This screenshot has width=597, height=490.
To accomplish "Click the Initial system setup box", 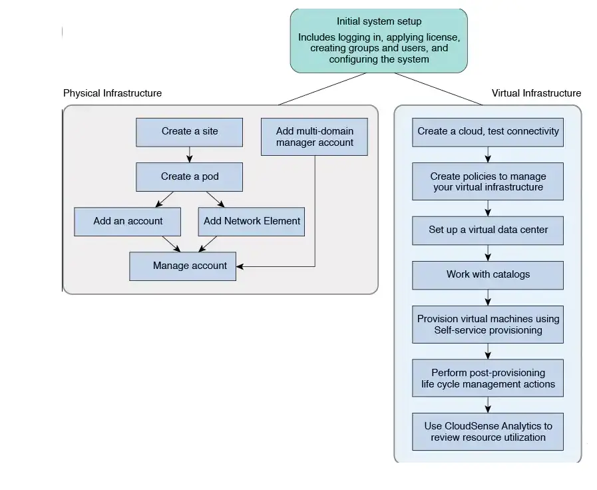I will (379, 40).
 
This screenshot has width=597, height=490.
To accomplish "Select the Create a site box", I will (190, 132).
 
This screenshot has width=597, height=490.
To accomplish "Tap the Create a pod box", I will (190, 177).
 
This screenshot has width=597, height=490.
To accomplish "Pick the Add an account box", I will (128, 221).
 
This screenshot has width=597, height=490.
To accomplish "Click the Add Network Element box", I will (252, 221).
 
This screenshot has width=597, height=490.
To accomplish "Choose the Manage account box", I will (182, 266).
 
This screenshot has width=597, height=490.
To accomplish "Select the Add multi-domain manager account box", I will (314, 136).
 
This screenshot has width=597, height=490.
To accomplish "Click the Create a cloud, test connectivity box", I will (488, 131).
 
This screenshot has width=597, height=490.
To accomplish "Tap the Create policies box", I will (488, 181).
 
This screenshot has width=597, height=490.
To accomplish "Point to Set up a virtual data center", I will (488, 230).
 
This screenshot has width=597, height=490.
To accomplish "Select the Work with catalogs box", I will (488, 274).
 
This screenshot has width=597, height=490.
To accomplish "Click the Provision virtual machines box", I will (488, 324).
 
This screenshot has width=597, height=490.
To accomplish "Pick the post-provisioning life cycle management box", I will (488, 378).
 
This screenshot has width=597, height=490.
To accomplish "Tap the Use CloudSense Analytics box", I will (488, 431).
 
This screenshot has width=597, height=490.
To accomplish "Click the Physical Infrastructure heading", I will (112, 93).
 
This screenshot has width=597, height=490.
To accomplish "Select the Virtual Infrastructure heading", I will (536, 93).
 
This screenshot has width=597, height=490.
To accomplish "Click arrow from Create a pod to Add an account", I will (164, 199).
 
